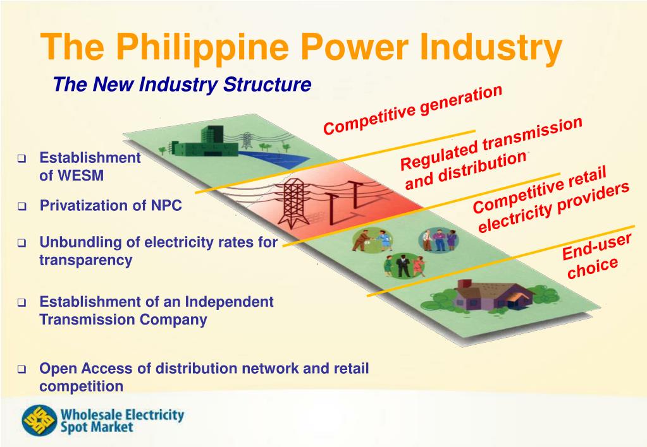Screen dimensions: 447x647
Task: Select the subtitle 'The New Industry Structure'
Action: pyautogui.click(x=182, y=84)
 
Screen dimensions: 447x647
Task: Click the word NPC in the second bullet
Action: pyautogui.click(x=166, y=206)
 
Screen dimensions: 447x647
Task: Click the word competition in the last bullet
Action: pyautogui.click(x=81, y=386)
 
